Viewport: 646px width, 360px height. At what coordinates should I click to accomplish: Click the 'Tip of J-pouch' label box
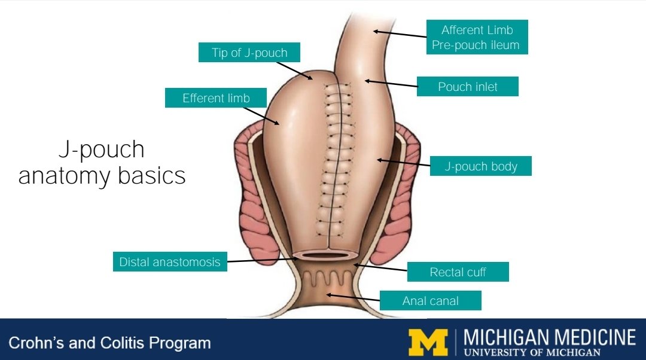pyautogui.click(x=249, y=53)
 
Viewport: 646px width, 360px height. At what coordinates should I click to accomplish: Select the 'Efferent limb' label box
pyautogui.click(x=216, y=98)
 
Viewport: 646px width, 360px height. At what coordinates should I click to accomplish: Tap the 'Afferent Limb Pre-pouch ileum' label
pyautogui.click(x=477, y=37)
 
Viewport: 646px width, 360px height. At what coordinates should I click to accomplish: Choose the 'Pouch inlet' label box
pyautogui.click(x=468, y=87)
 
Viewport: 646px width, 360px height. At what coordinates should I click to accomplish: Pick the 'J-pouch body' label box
pyautogui.click(x=480, y=166)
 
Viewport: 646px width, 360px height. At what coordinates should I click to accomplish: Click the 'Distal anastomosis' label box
pyautogui.click(x=170, y=262)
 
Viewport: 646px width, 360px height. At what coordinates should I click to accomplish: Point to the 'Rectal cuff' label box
pyautogui.click(x=458, y=272)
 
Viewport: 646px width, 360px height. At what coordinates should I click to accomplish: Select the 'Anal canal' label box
pyautogui.click(x=430, y=301)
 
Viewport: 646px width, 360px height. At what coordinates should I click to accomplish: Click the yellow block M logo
pyautogui.click(x=428, y=342)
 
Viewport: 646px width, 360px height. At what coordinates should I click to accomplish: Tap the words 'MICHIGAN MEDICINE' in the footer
pyautogui.click(x=549, y=337)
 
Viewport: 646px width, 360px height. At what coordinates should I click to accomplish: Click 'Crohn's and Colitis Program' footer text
pyautogui.click(x=109, y=343)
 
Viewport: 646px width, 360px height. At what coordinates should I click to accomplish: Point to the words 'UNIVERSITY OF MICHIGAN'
pyautogui.click(x=532, y=352)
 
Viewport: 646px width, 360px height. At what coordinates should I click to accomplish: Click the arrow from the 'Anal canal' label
pyautogui.click(x=353, y=297)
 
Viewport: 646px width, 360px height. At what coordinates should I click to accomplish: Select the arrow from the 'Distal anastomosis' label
pyautogui.click(x=262, y=260)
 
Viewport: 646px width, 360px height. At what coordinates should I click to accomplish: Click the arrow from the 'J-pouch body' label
pyautogui.click(x=403, y=162)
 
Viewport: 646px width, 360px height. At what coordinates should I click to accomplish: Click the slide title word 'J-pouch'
pyautogui.click(x=101, y=150)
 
